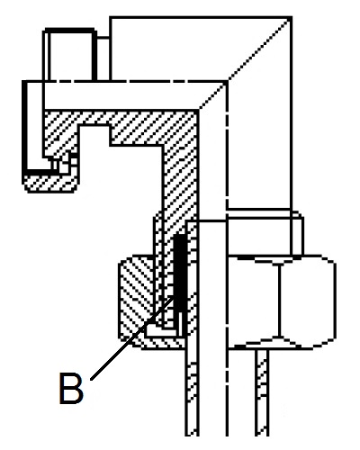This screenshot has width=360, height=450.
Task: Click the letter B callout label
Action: tap(71, 388)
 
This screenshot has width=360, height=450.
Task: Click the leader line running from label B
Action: tap(132, 338)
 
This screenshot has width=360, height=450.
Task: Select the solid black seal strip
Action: tap(180, 273)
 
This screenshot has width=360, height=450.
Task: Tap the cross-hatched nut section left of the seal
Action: tap(136, 297)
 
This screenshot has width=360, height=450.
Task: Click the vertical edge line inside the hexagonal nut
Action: tap(279, 300)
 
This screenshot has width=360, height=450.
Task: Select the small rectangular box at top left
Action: tap(70, 55)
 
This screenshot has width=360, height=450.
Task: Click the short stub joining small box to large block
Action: tap(103, 38)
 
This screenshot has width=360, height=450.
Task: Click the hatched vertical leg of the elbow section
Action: tap(180, 180)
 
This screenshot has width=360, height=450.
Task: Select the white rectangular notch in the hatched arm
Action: tap(94, 135)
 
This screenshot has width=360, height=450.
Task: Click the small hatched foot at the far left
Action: tap(50, 184)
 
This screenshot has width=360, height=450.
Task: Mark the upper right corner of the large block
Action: tap(292, 17)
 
